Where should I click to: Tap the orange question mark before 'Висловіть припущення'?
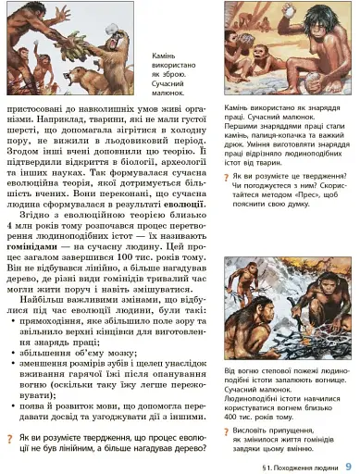click(x=228, y=431)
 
